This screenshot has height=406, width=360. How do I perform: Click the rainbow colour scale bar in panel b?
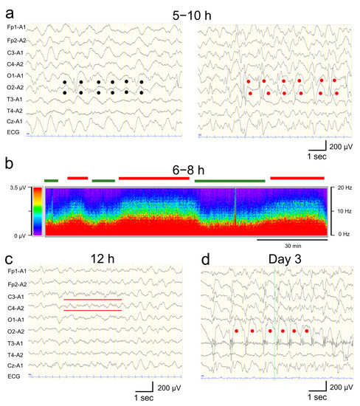point(36,211)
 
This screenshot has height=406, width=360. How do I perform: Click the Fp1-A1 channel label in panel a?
point(15,27)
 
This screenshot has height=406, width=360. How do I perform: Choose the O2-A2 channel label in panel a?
point(15,86)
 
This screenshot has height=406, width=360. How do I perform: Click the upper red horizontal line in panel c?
point(92,300)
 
